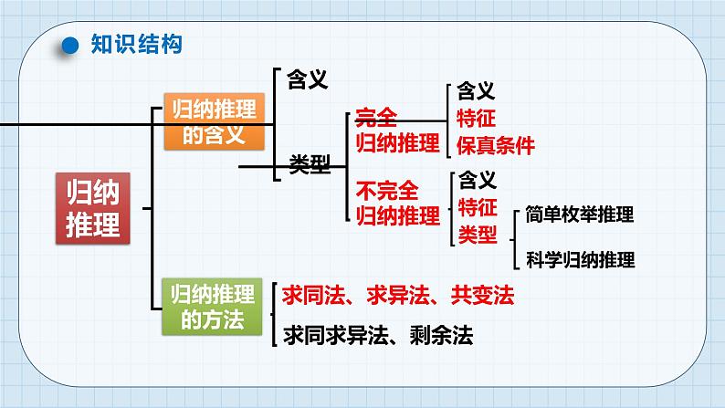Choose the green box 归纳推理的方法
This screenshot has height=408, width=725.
(x=214, y=306)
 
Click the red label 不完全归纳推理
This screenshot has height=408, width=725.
(x=396, y=203)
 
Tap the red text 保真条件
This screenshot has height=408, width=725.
(x=495, y=144)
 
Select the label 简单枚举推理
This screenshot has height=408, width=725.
(x=580, y=214)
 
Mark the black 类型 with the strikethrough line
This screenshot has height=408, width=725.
(x=309, y=165)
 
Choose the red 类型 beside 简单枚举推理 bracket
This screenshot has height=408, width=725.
(x=475, y=235)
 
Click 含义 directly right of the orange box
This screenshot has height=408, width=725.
(x=308, y=79)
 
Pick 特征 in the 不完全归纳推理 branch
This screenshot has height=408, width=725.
(x=475, y=206)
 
